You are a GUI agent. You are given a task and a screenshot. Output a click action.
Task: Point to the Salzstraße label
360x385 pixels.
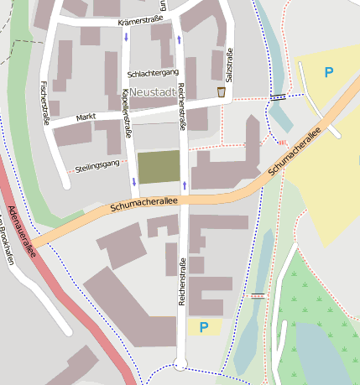pyautogui.click(x=229, y=65)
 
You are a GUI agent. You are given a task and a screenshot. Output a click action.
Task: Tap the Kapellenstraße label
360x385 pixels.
pyautogui.click(x=127, y=112)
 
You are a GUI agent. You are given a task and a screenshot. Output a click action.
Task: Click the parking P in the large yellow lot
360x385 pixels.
pyautogui.click(x=328, y=72)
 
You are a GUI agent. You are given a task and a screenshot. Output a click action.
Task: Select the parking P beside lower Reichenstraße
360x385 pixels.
pyautogui.click(x=202, y=326)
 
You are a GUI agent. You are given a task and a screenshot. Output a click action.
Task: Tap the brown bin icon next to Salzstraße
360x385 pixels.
pyautogui.click(x=221, y=91)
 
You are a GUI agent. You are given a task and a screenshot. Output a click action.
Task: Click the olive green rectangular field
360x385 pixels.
pyautogui.click(x=159, y=167)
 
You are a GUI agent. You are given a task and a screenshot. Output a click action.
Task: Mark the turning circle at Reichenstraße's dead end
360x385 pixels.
pyautogui.click(x=180, y=363)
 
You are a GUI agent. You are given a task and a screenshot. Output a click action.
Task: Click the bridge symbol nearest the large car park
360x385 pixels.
pyautogui.click(x=278, y=97)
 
